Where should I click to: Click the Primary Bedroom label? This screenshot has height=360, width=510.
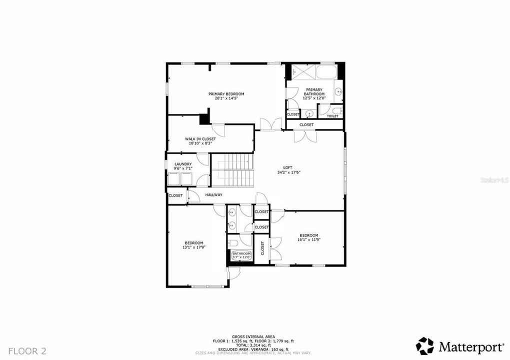click(x=226, y=94)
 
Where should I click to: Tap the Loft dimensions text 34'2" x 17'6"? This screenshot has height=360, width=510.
click(x=288, y=172)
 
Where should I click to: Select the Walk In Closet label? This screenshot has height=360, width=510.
click(x=200, y=139)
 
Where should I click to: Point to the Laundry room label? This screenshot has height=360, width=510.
click(x=183, y=164)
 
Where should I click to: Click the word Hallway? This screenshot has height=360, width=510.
click(x=213, y=194)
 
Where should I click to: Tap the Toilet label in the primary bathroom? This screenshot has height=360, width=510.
click(x=332, y=116)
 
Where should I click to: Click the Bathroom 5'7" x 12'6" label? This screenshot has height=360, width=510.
click(x=241, y=254)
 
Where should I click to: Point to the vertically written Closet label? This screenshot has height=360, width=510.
click(x=262, y=248)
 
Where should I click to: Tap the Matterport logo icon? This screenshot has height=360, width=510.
click(x=425, y=346)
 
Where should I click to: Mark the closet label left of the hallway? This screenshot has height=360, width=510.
click(x=175, y=195)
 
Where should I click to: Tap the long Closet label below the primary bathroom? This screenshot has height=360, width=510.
click(x=306, y=124)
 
